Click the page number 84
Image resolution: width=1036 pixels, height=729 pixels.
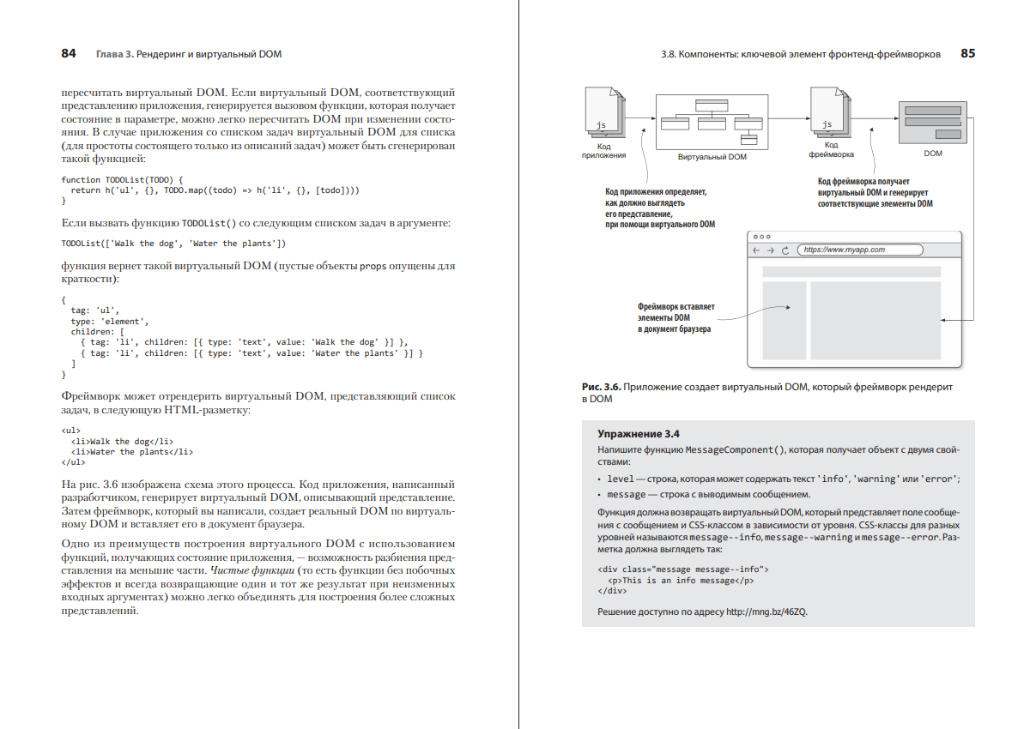pyautogui.click(x=69, y=53)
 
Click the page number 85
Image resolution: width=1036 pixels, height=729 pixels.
pyautogui.click(x=967, y=53)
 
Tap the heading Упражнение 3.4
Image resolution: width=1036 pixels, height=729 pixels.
pyautogui.click(x=639, y=434)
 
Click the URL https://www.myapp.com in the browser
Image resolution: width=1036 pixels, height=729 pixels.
pyautogui.click(x=845, y=250)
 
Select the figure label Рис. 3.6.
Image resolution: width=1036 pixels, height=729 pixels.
pyautogui.click(x=601, y=388)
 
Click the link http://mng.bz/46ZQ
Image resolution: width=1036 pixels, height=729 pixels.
pyautogui.click(x=767, y=612)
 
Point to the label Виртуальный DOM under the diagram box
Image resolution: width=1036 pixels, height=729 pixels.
pyautogui.click(x=712, y=157)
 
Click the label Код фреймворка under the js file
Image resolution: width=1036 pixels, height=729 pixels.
pyautogui.click(x=830, y=150)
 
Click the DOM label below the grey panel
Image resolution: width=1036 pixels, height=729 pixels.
pyautogui.click(x=933, y=154)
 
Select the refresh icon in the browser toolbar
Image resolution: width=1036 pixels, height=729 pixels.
pyautogui.click(x=785, y=250)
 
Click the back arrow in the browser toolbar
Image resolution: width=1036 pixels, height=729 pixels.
pyautogui.click(x=756, y=250)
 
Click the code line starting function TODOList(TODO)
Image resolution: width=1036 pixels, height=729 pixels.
pyautogui.click(x=123, y=179)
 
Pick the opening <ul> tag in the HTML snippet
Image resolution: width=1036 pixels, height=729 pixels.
pyautogui.click(x=71, y=430)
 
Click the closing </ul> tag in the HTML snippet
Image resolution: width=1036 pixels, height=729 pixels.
pyautogui.click(x=74, y=463)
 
